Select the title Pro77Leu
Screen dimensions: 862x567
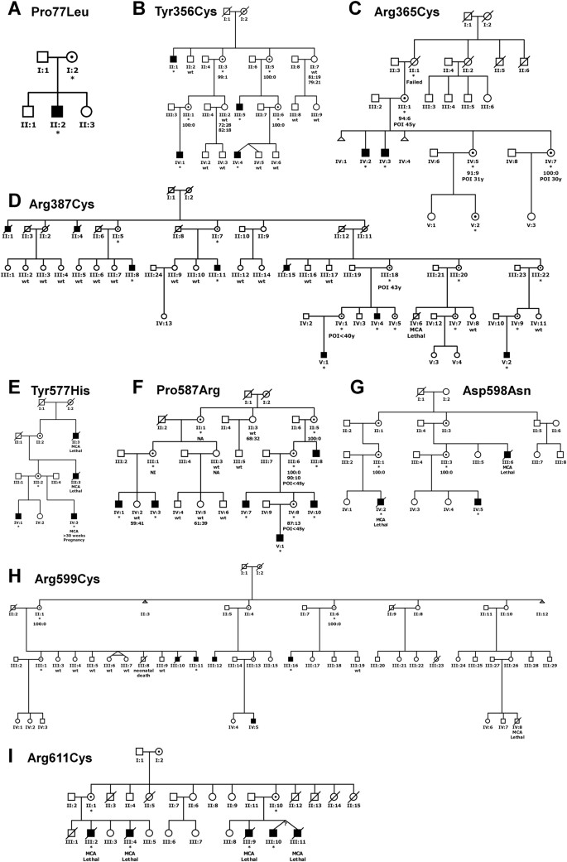coord(55,14)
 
